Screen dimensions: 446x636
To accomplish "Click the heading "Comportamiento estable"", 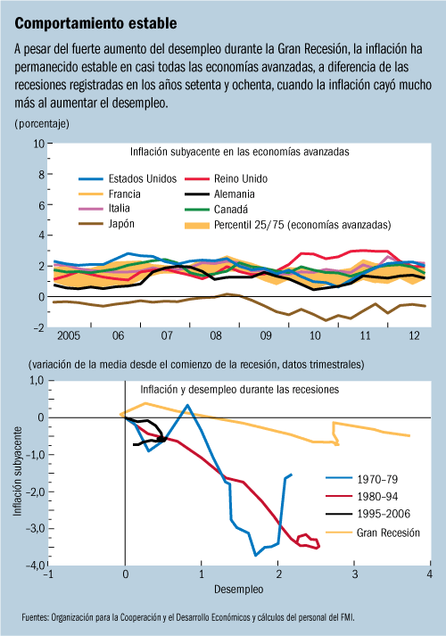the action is (95, 23).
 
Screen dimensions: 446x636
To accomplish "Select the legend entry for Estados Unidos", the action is (128, 178).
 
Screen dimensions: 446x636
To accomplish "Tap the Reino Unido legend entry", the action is (227, 178).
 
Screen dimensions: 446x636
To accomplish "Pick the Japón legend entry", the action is (107, 224).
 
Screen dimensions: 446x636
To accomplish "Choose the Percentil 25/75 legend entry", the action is (288, 225).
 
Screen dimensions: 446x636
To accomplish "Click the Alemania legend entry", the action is (219, 194).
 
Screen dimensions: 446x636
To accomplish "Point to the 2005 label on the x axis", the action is (69, 335).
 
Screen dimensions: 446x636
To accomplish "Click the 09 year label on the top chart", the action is (266, 335).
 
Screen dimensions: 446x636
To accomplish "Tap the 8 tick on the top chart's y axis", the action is (41, 175).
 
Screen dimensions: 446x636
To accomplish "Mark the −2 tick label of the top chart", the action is (39, 327).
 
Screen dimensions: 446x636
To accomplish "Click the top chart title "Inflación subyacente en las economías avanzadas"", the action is (240, 152).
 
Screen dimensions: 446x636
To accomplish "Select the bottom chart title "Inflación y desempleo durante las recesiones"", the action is (240, 390).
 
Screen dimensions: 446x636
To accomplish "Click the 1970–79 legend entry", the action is (361, 479).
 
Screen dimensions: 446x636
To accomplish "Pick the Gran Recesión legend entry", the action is (373, 533).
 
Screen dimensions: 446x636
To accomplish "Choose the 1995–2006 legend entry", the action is (368, 514).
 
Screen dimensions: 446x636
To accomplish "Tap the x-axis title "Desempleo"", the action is (239, 590).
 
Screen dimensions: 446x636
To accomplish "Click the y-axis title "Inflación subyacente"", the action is (17, 471).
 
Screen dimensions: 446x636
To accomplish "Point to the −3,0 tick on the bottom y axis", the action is (36, 529).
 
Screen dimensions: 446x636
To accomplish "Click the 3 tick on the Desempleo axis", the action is (354, 574).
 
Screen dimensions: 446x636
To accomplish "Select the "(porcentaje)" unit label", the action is (42, 123).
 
